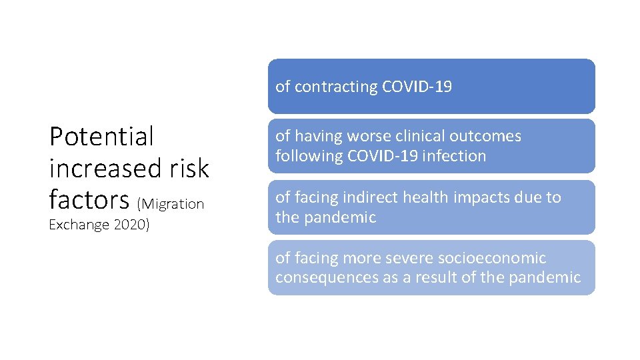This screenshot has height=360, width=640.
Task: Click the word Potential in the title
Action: tap(101, 137)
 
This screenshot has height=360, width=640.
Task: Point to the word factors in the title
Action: tap(89, 199)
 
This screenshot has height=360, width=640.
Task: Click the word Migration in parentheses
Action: tap(173, 204)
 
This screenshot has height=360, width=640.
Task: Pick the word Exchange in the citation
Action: tap(79, 225)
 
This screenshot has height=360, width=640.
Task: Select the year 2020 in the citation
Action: tap(132, 225)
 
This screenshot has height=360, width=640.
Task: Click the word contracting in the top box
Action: tap(336, 87)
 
